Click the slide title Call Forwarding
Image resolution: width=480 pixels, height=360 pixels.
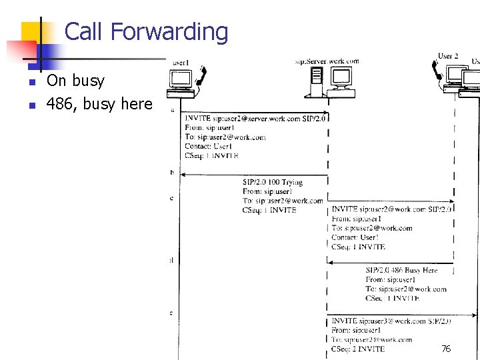click(146, 31)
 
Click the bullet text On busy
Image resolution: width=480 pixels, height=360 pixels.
click(75, 81)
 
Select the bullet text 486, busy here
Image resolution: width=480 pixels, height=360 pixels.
click(99, 104)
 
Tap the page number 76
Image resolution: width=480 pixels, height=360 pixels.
click(446, 349)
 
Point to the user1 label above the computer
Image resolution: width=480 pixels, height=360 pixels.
click(181, 63)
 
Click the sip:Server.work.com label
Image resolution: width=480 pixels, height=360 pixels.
click(327, 61)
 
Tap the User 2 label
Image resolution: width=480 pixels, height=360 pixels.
click(448, 56)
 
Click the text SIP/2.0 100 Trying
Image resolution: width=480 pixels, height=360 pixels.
click(272, 182)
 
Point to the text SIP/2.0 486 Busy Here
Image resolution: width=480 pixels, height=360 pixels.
click(401, 270)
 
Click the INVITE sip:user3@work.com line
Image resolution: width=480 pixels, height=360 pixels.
click(391, 321)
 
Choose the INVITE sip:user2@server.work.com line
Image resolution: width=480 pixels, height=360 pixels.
click(255, 119)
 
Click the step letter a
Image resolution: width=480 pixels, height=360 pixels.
click(173, 109)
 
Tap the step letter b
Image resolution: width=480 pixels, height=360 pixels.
click(172, 173)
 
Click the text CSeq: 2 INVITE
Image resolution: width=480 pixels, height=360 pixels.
click(358, 349)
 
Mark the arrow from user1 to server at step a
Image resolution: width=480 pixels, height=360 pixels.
click(253, 111)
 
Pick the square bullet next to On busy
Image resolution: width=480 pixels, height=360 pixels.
click(31, 82)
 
